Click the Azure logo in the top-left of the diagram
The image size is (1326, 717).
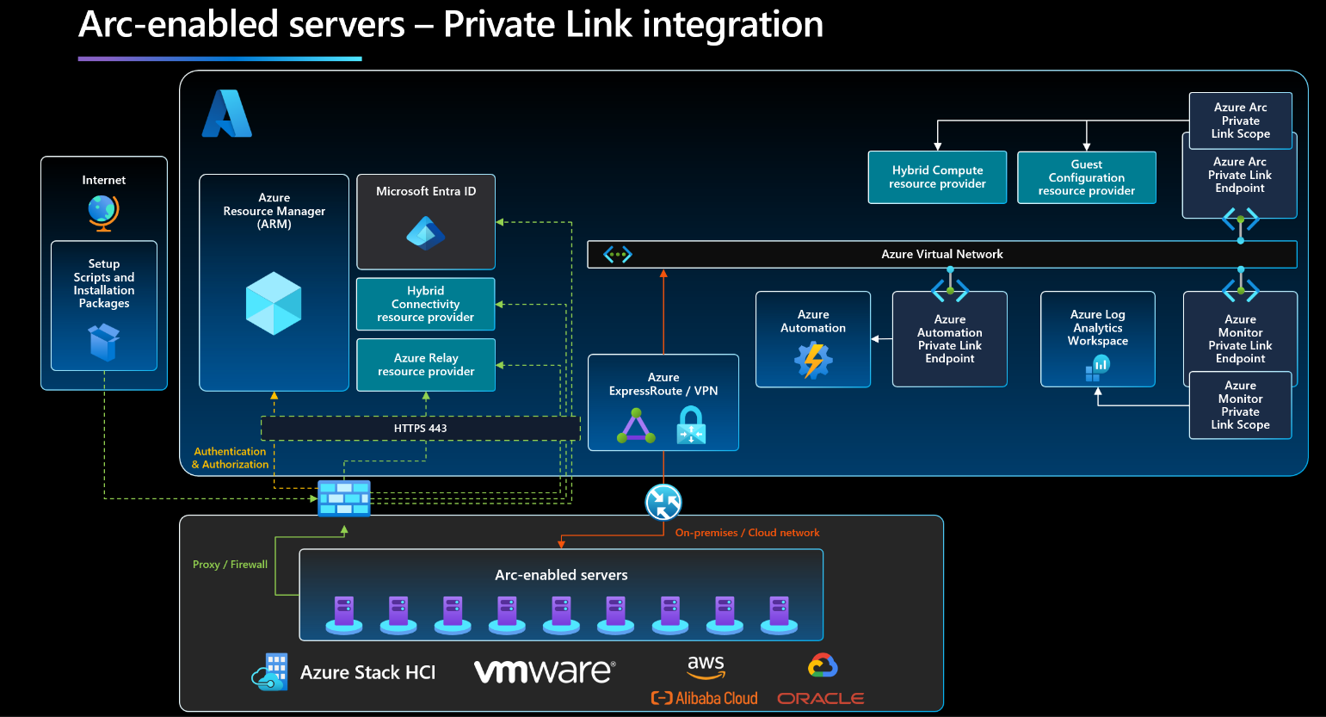tap(226, 114)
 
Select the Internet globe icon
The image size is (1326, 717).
tap(103, 212)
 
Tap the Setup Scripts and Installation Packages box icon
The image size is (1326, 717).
tap(103, 342)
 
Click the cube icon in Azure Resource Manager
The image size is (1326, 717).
tap(274, 303)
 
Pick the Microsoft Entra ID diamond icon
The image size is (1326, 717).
tap(426, 233)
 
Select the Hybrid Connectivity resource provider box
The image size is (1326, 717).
tap(426, 304)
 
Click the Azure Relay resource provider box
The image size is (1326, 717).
tap(426, 365)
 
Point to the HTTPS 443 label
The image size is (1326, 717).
tap(420, 428)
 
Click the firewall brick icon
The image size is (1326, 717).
tap(344, 498)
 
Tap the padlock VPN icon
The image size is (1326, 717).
tap(691, 425)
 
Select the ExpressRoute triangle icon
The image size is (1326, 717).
tap(636, 427)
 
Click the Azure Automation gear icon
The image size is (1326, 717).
tap(813, 360)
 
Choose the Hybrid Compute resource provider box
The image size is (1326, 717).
tap(937, 177)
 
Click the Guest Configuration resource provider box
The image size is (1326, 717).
tap(1086, 177)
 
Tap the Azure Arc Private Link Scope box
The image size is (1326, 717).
tap(1240, 121)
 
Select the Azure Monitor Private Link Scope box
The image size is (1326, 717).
tap(1240, 405)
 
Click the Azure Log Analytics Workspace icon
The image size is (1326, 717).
tap(1097, 368)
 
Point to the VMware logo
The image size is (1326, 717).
tap(545, 671)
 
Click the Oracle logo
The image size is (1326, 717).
tap(820, 698)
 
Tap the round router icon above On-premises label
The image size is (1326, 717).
tap(663, 502)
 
